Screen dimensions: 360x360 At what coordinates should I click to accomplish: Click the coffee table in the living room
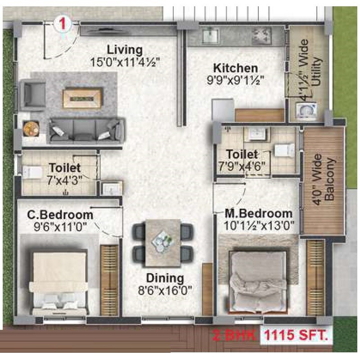click(81, 98)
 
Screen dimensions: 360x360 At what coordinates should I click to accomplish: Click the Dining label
click(165, 278)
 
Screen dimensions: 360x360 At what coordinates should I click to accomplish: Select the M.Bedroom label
click(259, 213)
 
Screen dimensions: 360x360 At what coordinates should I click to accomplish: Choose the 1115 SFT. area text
click(296, 335)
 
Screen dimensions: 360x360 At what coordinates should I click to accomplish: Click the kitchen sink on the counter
click(209, 35)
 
